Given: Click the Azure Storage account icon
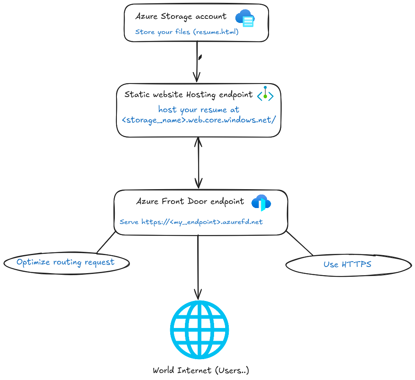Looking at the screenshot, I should pyautogui.click(x=245, y=18).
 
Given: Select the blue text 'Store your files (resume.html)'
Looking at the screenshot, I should pyautogui.click(x=187, y=32).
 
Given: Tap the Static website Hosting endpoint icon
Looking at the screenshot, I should pyautogui.click(x=265, y=95).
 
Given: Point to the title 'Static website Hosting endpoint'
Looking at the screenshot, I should pyautogui.click(x=189, y=95).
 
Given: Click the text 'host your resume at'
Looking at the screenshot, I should pyautogui.click(x=199, y=110).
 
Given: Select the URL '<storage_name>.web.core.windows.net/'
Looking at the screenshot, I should pyautogui.click(x=199, y=120).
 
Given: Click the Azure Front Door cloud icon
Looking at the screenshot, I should pyautogui.click(x=261, y=202).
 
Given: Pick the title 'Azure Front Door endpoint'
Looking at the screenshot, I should pyautogui.click(x=190, y=201).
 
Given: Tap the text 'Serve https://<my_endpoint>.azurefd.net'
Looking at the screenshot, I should pyautogui.click(x=191, y=222).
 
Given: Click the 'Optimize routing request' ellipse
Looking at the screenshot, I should pyautogui.click(x=66, y=262).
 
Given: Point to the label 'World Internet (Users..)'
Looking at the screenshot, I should pyautogui.click(x=201, y=371).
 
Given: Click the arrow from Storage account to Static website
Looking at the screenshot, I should pyautogui.click(x=197, y=61).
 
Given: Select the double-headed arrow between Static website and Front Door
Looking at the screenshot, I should pyautogui.click(x=198, y=163).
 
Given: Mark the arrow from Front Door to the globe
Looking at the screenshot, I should pyautogui.click(x=198, y=266).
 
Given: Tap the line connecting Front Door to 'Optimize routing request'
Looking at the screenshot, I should pyautogui.click(x=106, y=242).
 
